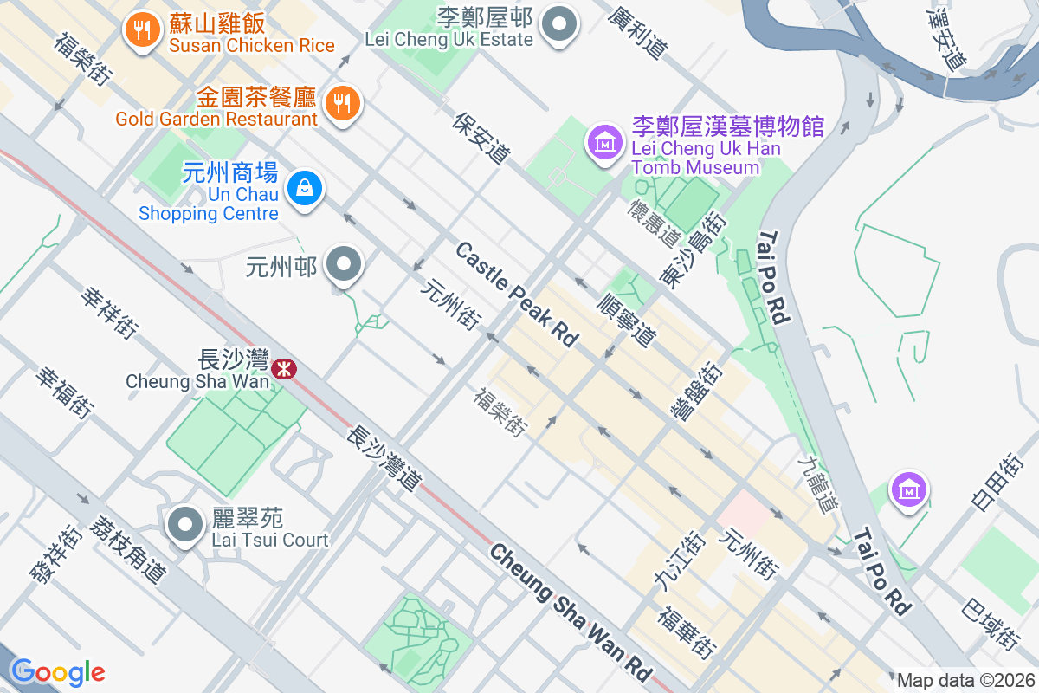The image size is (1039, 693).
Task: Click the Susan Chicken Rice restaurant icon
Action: [x=139, y=30]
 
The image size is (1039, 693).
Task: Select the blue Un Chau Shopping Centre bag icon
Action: [x=304, y=187]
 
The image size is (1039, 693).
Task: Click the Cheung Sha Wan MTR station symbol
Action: [x=283, y=370]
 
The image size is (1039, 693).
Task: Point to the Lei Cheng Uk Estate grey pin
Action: [x=559, y=23]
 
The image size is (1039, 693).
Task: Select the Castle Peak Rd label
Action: [x=517, y=295]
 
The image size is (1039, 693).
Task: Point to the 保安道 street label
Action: [x=481, y=137]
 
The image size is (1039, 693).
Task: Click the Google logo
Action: [x=57, y=672]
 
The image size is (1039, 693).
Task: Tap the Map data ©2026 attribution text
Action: [x=965, y=680]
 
